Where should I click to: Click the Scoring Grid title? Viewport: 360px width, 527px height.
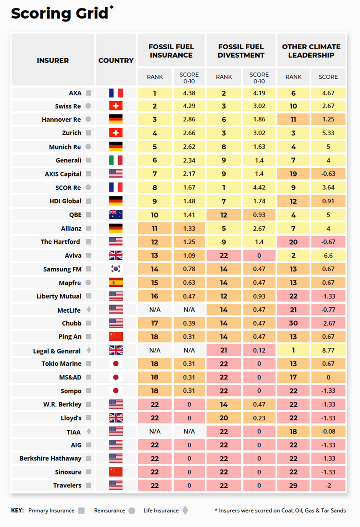[60, 14]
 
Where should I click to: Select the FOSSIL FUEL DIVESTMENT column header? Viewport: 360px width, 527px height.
[241, 51]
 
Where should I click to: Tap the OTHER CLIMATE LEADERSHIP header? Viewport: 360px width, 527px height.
[311, 51]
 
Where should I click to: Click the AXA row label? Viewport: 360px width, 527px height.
[75, 93]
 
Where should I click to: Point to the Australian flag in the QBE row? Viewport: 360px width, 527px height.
[116, 215]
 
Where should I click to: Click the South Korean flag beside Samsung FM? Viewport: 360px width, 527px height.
[116, 269]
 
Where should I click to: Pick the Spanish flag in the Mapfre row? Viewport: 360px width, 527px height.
[116, 283]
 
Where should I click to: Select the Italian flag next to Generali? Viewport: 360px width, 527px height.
[116, 160]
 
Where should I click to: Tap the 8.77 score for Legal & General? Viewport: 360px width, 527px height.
[328, 350]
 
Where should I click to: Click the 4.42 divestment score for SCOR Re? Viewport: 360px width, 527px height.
[259, 187]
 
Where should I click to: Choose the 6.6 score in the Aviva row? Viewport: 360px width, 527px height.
[328, 256]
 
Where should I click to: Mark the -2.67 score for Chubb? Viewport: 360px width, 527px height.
[328, 323]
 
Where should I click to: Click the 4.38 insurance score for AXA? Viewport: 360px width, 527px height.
[189, 93]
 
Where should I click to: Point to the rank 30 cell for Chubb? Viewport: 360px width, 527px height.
[293, 323]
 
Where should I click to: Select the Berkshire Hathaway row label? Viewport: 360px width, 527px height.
[50, 458]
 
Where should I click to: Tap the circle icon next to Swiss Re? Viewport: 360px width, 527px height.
[88, 106]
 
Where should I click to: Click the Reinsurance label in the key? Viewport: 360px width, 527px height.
[110, 511]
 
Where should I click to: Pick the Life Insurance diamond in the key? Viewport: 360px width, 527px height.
[186, 511]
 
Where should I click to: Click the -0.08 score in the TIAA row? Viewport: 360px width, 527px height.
[328, 431]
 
